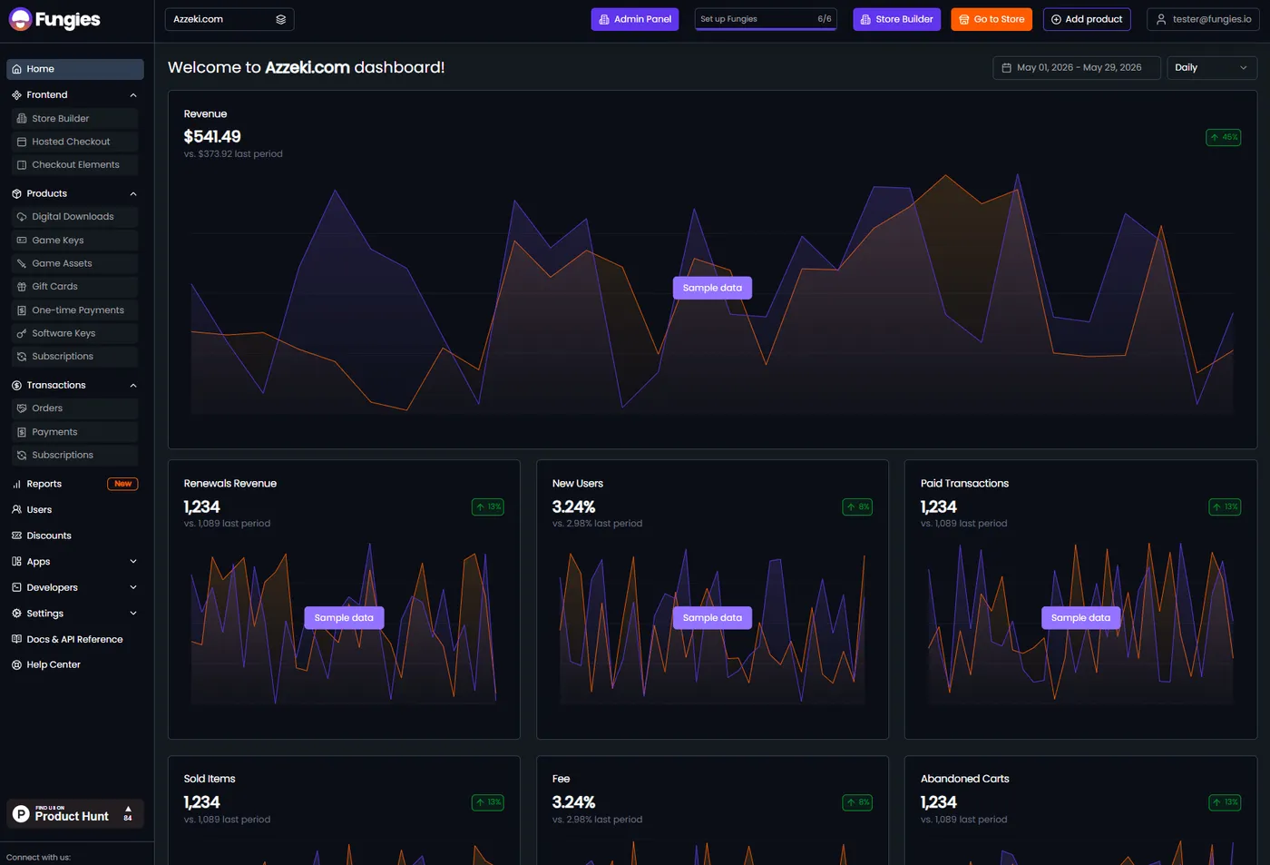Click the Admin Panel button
coord(634,19)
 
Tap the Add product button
coord(1087,19)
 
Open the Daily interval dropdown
coord(1212,67)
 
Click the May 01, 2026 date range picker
coord(1076,67)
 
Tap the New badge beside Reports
coord(122,484)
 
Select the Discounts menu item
coord(49,536)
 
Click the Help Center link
coord(54,664)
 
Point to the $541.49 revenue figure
coord(212,137)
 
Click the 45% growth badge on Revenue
coord(1223,137)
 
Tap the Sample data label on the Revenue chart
coord(712,288)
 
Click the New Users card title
coord(577,483)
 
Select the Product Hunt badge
coord(74,814)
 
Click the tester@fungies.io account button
coord(1203,19)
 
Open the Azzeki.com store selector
coord(229,19)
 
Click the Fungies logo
coord(54,19)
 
